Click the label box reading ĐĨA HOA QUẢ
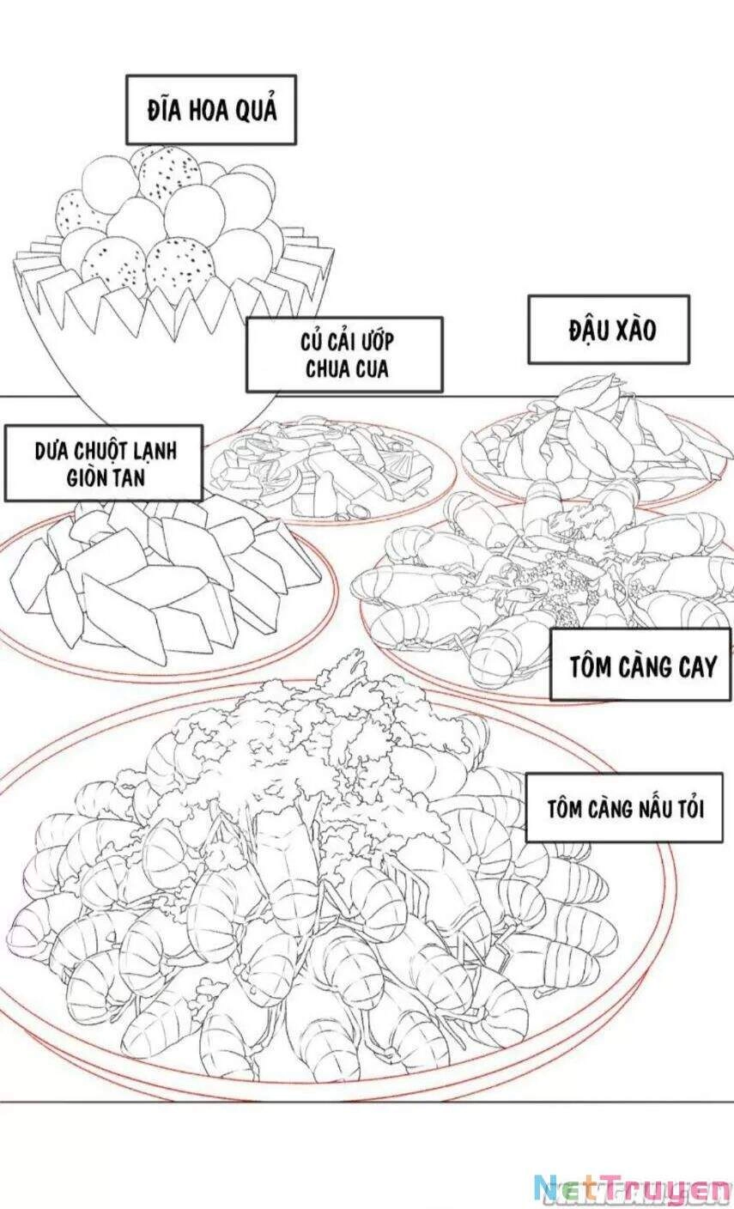(x=211, y=110)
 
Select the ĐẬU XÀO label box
(x=609, y=329)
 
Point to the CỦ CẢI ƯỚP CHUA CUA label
(x=344, y=355)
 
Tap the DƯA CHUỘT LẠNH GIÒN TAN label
(x=103, y=463)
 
